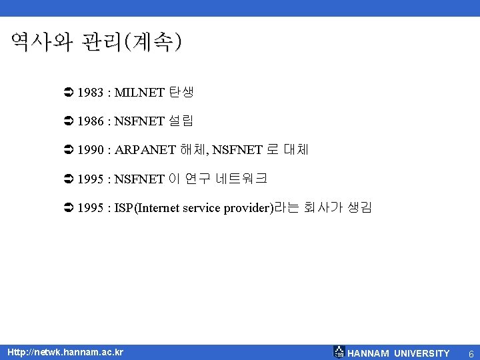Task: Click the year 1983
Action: click(90, 93)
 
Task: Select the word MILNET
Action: click(139, 93)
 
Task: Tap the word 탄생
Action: click(181, 93)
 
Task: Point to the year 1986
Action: click(90, 121)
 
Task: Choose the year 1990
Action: click(90, 150)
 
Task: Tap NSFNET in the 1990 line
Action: click(237, 150)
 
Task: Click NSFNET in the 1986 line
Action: click(139, 121)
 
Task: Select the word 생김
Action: click(359, 207)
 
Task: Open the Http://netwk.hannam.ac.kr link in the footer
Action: click(64, 351)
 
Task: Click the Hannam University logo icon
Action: click(339, 352)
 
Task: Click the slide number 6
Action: click(471, 353)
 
